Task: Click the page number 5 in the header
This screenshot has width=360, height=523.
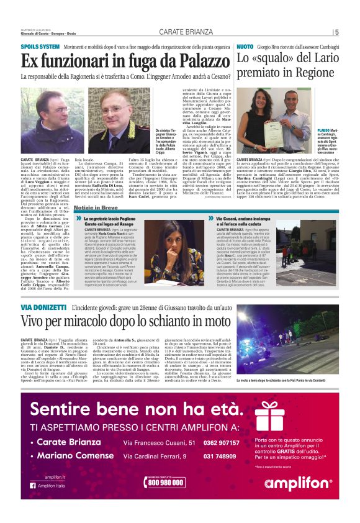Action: [337, 32]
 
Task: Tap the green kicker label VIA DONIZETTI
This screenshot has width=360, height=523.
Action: [42, 309]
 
